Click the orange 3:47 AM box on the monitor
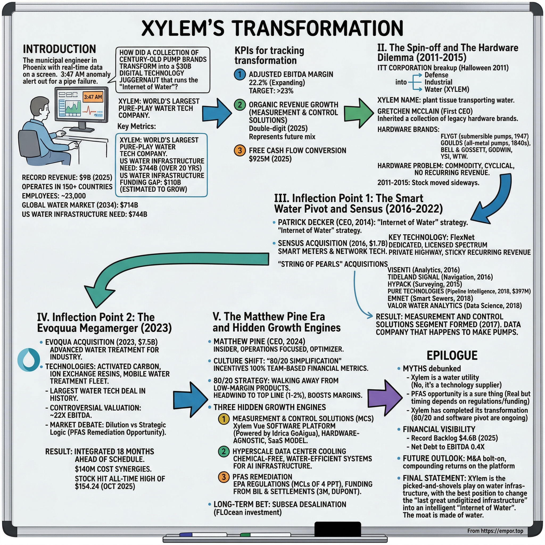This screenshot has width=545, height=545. coord(93,97)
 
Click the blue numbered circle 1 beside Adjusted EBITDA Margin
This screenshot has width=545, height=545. coord(240,75)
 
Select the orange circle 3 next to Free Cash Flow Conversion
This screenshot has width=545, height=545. coord(240,150)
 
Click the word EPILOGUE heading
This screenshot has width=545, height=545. coord(452,356)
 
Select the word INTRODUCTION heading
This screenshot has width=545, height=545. coord(59,49)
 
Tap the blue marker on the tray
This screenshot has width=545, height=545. coord(186,534)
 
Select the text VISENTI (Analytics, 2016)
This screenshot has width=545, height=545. coord(423,270)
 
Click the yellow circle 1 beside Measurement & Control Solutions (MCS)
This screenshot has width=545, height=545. coord(224,419)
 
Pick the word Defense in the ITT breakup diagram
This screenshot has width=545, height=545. coord(436,75)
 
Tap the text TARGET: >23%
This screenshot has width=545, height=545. coord(271,91)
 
